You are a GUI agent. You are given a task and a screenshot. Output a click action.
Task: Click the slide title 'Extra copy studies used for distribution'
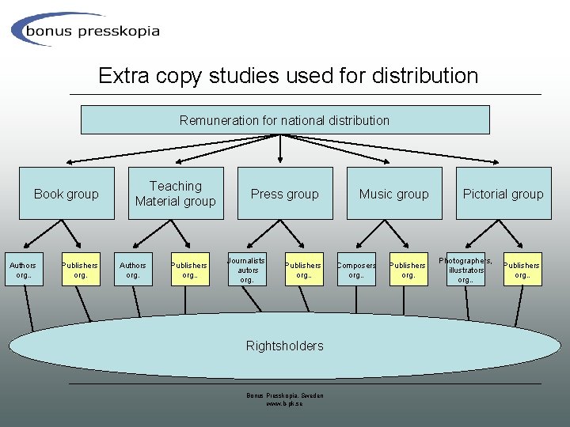tap(288, 76)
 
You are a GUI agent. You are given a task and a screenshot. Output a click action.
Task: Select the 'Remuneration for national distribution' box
tap(285, 120)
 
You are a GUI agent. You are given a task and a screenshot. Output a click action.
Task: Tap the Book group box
tap(66, 194)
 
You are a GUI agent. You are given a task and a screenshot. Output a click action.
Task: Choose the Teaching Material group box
tap(176, 194)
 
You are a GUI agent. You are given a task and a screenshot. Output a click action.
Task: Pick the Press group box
tap(285, 194)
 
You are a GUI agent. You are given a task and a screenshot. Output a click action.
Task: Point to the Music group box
tap(394, 194)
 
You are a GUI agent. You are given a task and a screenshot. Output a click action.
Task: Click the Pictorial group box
tap(503, 194)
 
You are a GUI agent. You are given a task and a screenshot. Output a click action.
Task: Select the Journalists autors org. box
tap(247, 270)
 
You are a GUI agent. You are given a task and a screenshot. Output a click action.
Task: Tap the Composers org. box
tap(357, 270)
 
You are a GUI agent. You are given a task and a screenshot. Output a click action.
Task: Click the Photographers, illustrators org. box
tap(465, 270)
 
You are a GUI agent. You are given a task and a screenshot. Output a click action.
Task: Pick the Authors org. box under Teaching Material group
tap(133, 270)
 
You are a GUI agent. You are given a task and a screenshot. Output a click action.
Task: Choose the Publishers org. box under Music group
tap(408, 270)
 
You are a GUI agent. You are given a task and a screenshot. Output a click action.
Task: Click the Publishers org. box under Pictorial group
tap(522, 270)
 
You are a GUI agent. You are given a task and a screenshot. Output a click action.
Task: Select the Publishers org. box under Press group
tap(303, 270)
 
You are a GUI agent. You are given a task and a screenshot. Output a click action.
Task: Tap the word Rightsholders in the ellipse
tap(285, 346)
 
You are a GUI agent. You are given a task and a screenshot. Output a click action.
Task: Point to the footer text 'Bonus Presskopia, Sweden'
tap(285, 395)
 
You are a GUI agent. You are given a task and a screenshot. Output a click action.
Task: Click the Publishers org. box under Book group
tap(80, 270)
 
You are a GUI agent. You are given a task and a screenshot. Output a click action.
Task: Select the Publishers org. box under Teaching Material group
tap(189, 270)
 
